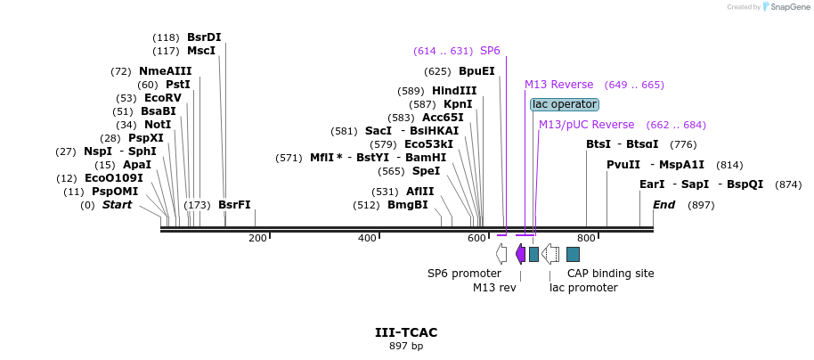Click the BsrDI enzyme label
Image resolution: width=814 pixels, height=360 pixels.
click(204, 37)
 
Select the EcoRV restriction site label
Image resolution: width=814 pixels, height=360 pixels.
click(163, 98)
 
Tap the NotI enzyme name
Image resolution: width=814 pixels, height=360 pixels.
click(158, 125)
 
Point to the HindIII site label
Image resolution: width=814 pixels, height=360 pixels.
click(454, 91)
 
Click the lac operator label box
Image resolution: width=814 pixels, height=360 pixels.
click(565, 104)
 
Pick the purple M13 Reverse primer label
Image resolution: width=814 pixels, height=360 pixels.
click(558, 85)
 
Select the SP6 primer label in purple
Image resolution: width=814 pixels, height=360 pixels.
click(490, 51)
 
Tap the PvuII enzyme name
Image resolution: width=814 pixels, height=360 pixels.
click(623, 165)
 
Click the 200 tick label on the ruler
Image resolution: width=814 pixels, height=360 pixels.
click(257, 238)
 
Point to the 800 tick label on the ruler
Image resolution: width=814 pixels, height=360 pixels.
click(586, 238)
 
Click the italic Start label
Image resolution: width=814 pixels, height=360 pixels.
click(117, 205)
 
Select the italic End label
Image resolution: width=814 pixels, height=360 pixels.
click(663, 205)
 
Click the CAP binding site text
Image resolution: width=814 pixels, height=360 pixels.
click(611, 274)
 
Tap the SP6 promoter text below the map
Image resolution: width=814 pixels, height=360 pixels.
click(464, 274)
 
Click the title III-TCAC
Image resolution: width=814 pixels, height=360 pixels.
click(406, 332)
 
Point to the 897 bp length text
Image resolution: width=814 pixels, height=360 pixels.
click(406, 346)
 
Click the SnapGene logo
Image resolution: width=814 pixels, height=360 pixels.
click(783, 6)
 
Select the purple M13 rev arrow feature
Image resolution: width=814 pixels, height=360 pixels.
click(520, 254)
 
